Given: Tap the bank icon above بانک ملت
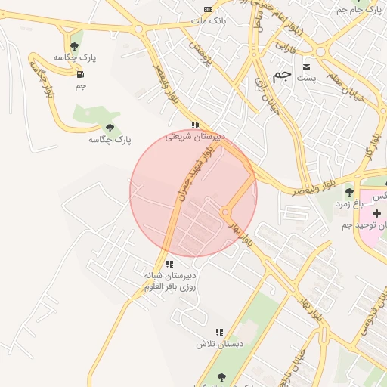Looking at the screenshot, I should click(208, 8).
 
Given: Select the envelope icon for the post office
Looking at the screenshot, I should click(306, 65).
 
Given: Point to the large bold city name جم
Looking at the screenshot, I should click(282, 74).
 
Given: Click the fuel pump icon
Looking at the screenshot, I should click(80, 74).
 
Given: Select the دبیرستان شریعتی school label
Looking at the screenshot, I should click(195, 138).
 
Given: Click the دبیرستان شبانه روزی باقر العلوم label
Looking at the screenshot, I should click(170, 281).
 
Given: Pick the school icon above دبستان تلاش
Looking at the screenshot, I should click(219, 332).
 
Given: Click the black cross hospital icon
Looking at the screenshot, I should click(376, 214).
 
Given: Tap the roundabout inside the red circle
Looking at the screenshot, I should click(225, 213).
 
